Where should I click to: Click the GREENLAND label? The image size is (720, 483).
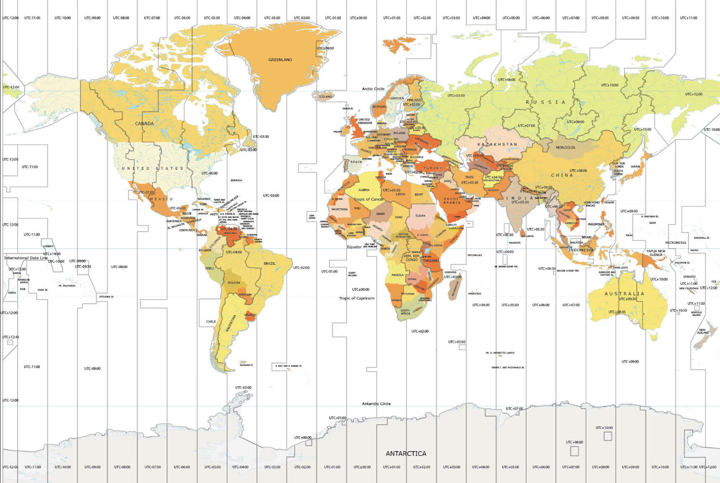(x=280, y=60)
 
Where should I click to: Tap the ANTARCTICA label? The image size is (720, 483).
(x=406, y=453)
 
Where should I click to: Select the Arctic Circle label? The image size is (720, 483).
(x=373, y=89)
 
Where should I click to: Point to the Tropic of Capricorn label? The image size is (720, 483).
(x=357, y=298)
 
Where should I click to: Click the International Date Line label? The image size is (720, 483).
(x=26, y=258)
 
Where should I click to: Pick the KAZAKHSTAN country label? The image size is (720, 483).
(x=497, y=144)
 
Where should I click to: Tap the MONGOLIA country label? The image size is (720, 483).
(x=565, y=147)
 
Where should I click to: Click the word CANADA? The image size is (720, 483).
(x=144, y=124)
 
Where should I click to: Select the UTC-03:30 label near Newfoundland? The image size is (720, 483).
(x=261, y=137)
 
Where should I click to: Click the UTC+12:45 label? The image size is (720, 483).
(x=10, y=337)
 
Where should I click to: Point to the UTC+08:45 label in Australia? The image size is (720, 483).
(x=617, y=312)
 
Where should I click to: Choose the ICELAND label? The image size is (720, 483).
(x=325, y=97)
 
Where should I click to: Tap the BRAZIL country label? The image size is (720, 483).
(x=270, y=263)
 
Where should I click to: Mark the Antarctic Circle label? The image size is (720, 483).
(x=376, y=404)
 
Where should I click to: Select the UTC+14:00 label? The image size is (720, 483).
(x=52, y=254)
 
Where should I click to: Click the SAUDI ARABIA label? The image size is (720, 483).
(x=452, y=201)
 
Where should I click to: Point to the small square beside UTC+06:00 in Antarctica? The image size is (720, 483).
(x=574, y=451)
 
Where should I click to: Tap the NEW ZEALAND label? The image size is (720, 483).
(x=702, y=331)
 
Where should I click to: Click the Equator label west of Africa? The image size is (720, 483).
(x=354, y=247)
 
